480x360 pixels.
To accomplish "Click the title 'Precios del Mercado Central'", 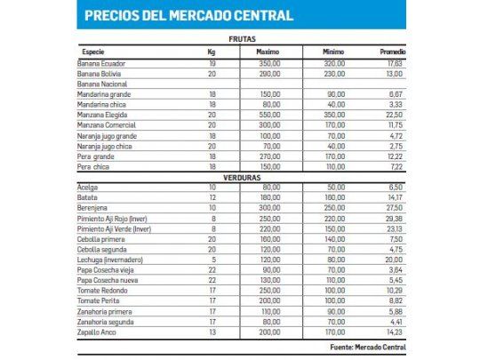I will (188, 16).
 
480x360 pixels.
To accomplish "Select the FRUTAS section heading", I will (242, 40).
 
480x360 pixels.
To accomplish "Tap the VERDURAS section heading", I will (242, 175).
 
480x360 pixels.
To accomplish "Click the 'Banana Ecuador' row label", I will (101, 63).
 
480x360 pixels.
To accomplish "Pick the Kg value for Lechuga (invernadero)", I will (212, 259).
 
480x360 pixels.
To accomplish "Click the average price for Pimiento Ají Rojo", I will (392, 217).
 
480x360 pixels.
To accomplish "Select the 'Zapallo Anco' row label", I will (98, 332).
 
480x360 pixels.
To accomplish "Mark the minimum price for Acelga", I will (333, 186).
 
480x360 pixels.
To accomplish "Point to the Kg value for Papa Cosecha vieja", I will (212, 268).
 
